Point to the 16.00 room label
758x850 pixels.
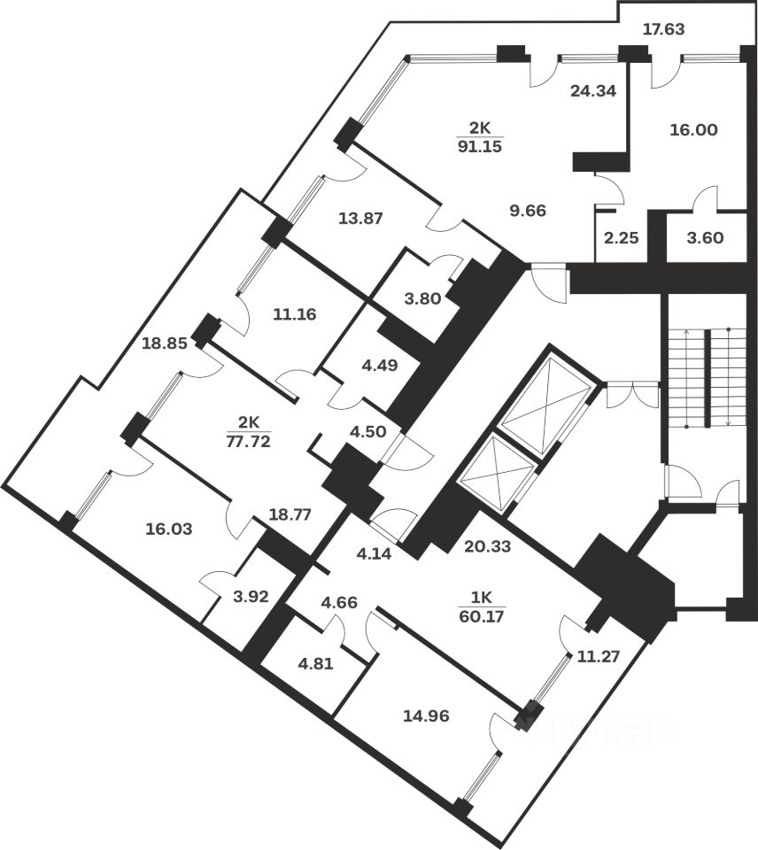point(694,128)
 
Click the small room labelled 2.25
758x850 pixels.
point(615,238)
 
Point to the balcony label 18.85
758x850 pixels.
point(165,344)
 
